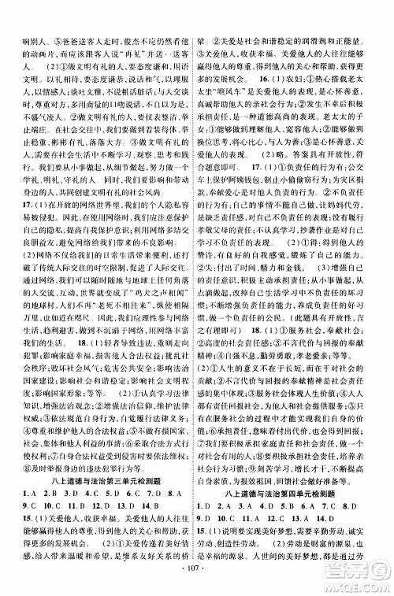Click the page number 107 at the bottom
[198, 565]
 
